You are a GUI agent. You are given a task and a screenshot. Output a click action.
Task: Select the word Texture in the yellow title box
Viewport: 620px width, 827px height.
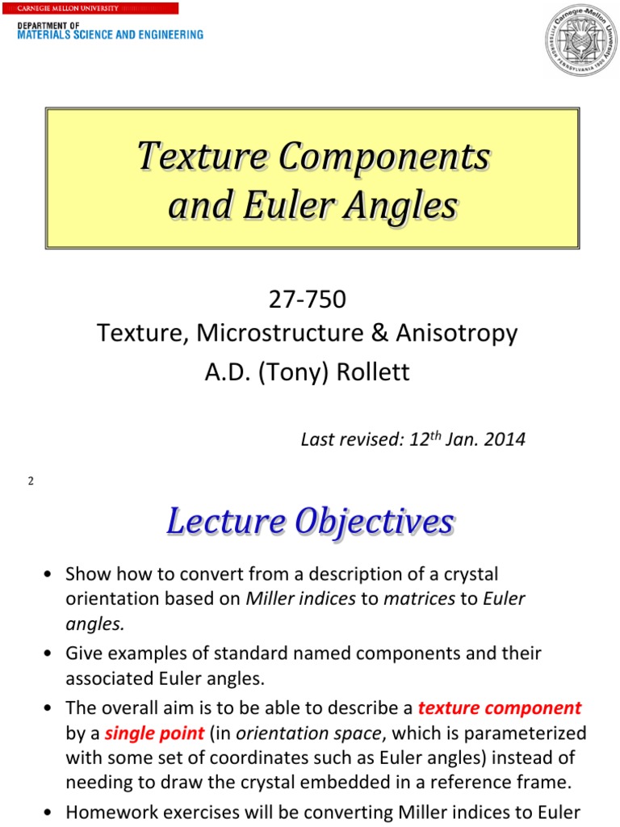tap(197, 155)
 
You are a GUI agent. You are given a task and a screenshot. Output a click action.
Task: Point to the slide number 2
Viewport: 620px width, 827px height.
tap(30, 481)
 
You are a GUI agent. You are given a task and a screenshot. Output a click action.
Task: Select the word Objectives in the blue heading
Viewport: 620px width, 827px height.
tap(375, 522)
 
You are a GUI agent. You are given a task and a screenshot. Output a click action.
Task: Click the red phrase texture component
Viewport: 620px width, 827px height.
tap(500, 708)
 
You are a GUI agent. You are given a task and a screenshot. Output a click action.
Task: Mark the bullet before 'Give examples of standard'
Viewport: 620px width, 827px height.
tap(50, 653)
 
